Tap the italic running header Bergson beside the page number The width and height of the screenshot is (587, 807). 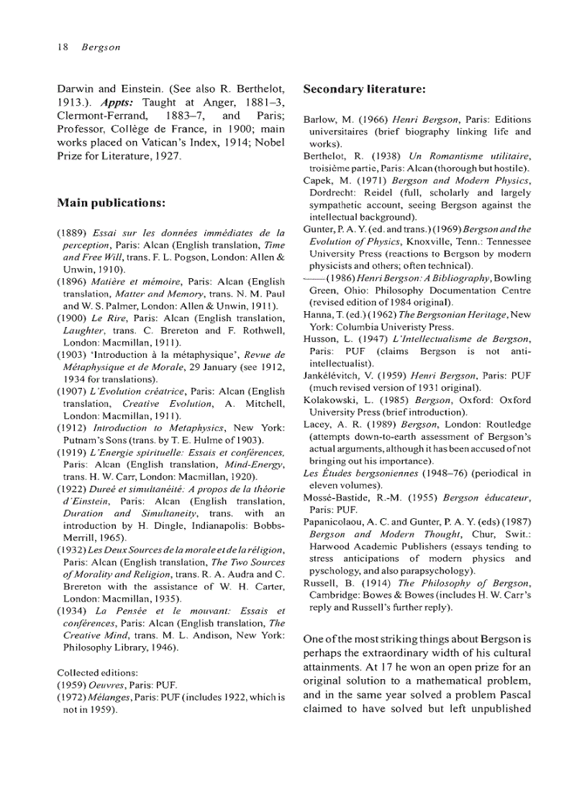[x=100, y=47]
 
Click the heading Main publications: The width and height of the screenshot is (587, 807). [x=112, y=203]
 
